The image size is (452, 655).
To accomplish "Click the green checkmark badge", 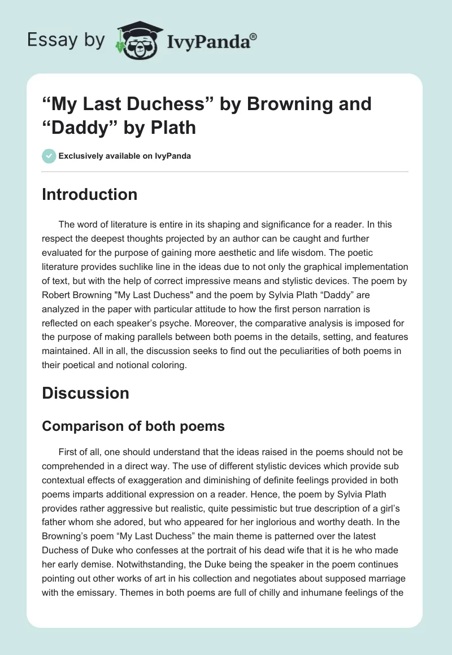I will [49, 156].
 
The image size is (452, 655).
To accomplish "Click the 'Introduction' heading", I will [90, 194].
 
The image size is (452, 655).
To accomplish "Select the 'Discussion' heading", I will [86, 393].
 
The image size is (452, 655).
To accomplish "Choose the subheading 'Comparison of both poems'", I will [133, 426].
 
